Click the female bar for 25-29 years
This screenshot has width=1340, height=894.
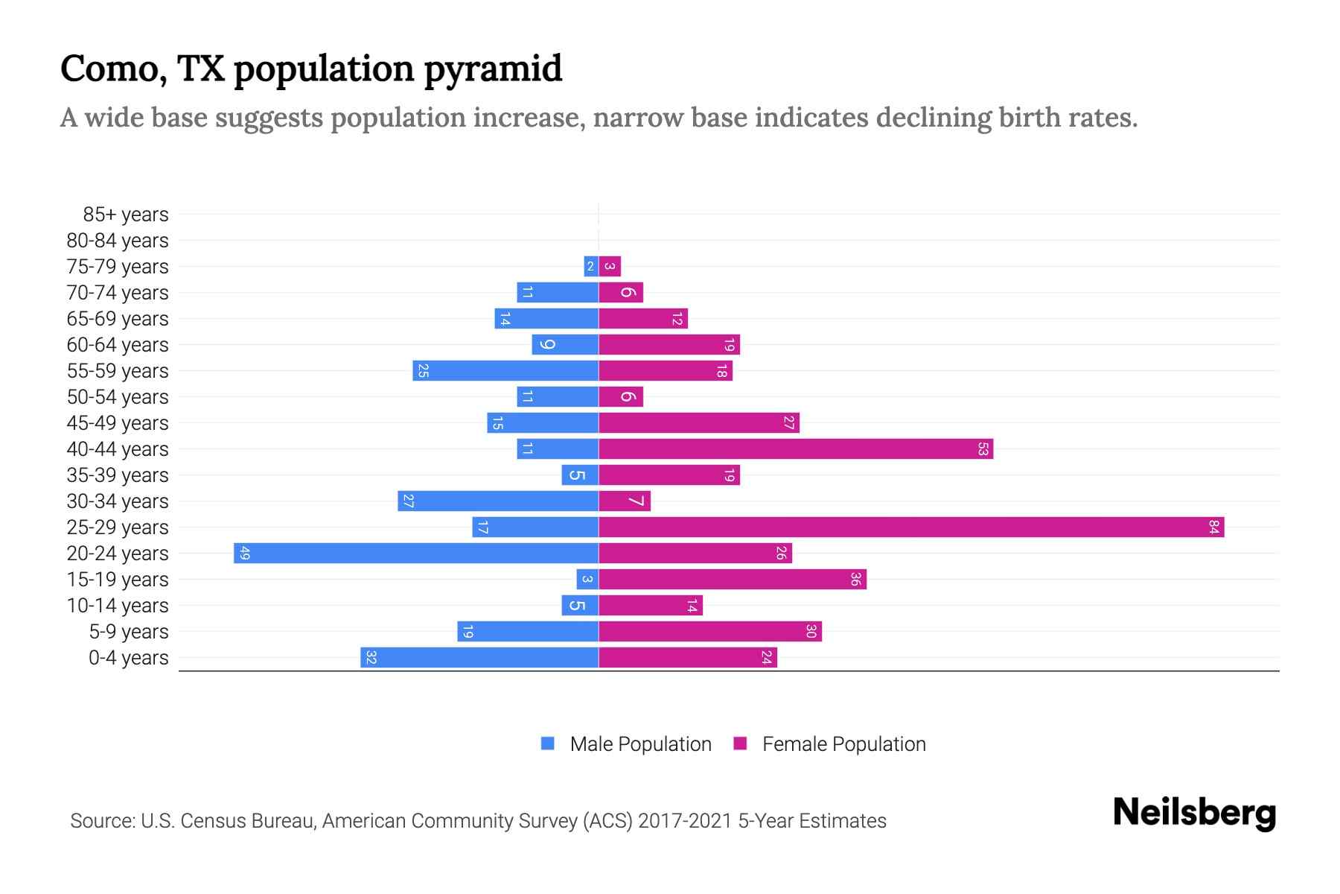click(x=911, y=527)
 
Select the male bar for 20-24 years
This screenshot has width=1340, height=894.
click(x=417, y=554)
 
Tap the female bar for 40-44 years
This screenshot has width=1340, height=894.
click(x=795, y=449)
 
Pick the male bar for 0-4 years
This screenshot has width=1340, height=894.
click(x=480, y=658)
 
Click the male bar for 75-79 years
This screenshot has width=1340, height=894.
click(x=591, y=267)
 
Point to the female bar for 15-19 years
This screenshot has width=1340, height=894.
click(x=733, y=580)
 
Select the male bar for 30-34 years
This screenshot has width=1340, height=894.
click(x=499, y=501)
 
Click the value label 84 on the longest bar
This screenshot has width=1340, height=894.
click(x=1214, y=527)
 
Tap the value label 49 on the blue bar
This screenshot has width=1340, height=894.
click(x=244, y=554)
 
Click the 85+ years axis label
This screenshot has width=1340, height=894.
click(x=126, y=215)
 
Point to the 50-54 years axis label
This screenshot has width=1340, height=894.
click(x=118, y=397)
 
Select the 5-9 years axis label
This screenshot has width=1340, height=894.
click(x=129, y=632)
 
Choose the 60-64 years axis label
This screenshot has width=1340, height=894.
click(x=118, y=345)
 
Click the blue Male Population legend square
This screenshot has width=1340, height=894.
click(x=548, y=744)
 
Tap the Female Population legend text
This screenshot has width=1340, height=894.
click(x=843, y=744)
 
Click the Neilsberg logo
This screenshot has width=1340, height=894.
click(x=1194, y=813)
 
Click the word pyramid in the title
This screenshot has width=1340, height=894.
click(x=493, y=69)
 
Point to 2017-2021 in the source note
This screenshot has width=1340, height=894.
click(x=685, y=821)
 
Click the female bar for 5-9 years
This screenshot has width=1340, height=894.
click(x=710, y=632)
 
